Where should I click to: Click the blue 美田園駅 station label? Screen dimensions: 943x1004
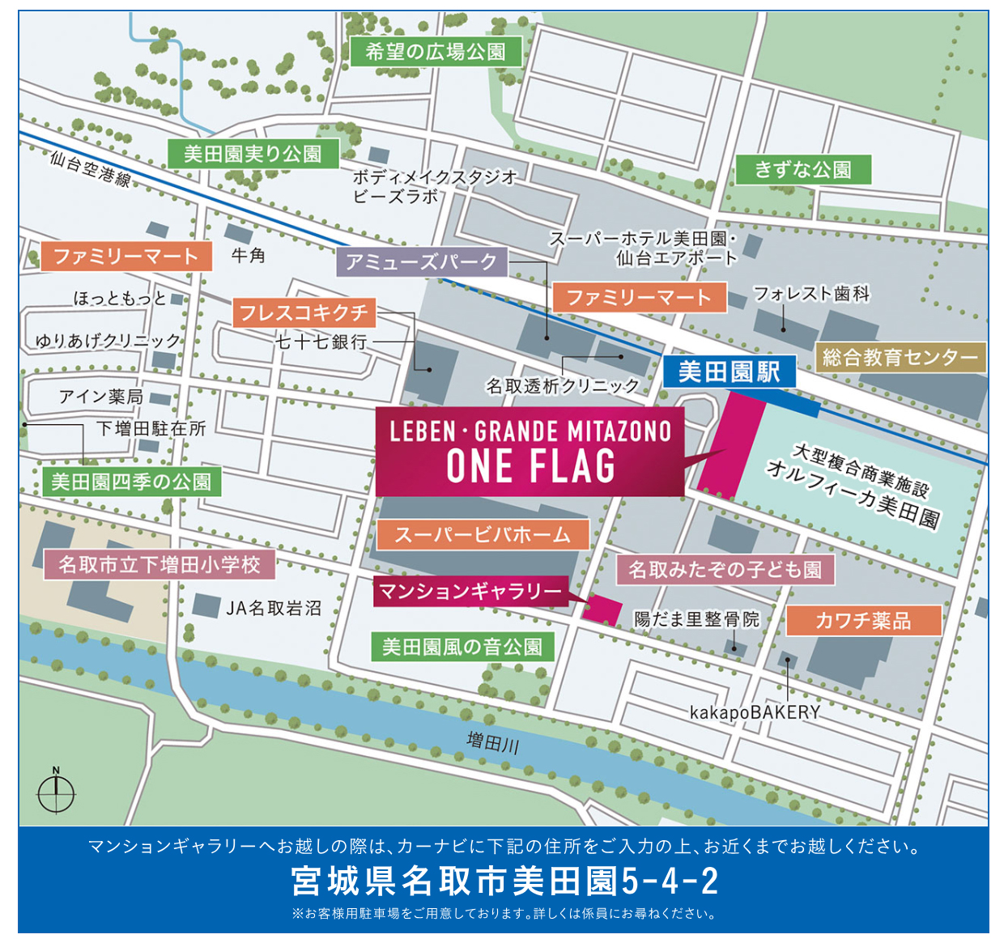pyautogui.click(x=729, y=372)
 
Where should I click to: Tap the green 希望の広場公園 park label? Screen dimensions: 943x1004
pyautogui.click(x=436, y=53)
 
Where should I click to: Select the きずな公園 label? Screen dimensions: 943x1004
pyautogui.click(x=802, y=169)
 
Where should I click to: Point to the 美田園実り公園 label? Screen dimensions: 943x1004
pyautogui.click(x=253, y=154)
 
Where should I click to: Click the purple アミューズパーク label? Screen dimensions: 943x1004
pyautogui.click(x=421, y=261)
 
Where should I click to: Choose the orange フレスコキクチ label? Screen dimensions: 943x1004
pyautogui.click(x=304, y=312)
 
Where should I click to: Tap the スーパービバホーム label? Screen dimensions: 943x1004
pyautogui.click(x=483, y=534)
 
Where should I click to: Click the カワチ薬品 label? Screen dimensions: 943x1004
pyautogui.click(x=863, y=620)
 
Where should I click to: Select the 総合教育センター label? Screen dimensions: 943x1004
pyautogui.click(x=900, y=357)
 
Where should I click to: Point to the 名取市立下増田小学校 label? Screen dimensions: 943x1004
pyautogui.click(x=160, y=564)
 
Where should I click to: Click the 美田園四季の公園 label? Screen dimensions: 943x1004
pyautogui.click(x=131, y=482)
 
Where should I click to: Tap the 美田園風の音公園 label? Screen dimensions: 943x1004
pyautogui.click(x=462, y=647)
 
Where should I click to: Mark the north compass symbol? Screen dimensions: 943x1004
pyautogui.click(x=56, y=791)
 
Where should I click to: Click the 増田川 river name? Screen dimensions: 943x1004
pyautogui.click(x=492, y=741)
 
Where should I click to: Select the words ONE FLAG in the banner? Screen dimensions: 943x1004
pyautogui.click(x=530, y=467)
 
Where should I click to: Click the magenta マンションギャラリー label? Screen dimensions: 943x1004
pyautogui.click(x=470, y=592)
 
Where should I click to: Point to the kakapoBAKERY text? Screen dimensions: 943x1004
pyautogui.click(x=755, y=712)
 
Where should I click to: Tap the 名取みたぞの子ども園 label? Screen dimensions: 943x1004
pyautogui.click(x=725, y=570)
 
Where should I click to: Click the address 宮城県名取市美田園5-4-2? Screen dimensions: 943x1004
pyautogui.click(x=504, y=881)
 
